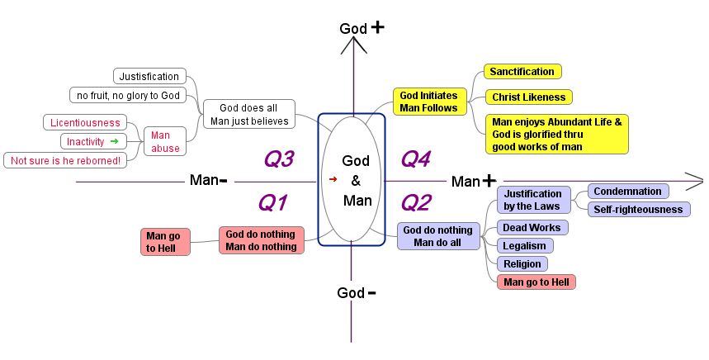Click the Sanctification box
click(521, 72)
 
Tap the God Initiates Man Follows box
click(428, 102)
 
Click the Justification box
click(149, 77)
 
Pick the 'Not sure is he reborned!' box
click(65, 160)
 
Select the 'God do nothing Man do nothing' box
click(261, 240)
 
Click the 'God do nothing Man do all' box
click(439, 236)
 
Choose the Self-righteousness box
click(639, 210)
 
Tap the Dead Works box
click(532, 227)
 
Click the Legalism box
click(525, 245)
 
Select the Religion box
click(522, 263)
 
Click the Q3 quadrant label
click(279, 159)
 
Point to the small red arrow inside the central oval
click(333, 178)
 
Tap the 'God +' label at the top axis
click(362, 28)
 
